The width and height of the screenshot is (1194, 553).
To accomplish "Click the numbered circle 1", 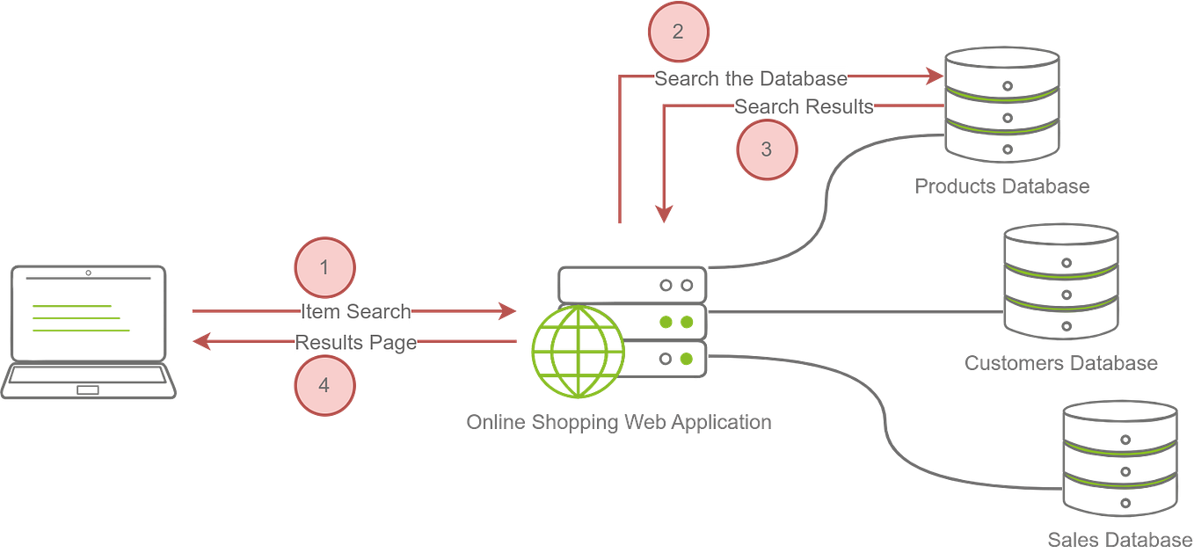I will click(324, 266).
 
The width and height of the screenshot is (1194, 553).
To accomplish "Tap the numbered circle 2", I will click(678, 32).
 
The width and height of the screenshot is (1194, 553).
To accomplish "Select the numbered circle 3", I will click(766, 149).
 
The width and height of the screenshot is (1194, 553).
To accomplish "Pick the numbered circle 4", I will click(324, 385).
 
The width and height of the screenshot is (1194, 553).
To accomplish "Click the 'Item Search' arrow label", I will click(356, 311).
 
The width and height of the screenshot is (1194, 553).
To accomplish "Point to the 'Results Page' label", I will click(355, 342).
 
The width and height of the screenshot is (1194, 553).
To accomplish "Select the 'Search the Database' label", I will click(751, 78).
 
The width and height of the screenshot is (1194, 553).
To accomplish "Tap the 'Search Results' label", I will click(804, 107).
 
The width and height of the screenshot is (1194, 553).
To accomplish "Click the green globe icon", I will click(578, 353).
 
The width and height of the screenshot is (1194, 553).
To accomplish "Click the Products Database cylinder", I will click(1001, 104).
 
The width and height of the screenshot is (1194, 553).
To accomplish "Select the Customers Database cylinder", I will click(1061, 281).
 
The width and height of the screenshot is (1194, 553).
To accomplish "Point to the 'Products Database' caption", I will click(1001, 186).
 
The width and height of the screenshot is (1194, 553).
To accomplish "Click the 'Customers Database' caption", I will click(1060, 362).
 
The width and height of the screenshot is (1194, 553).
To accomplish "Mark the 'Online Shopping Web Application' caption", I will click(618, 422).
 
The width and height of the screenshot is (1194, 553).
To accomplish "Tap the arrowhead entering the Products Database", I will click(934, 76).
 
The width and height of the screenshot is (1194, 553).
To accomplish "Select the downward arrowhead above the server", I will click(664, 213).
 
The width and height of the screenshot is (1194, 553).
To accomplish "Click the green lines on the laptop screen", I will click(80, 318).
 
